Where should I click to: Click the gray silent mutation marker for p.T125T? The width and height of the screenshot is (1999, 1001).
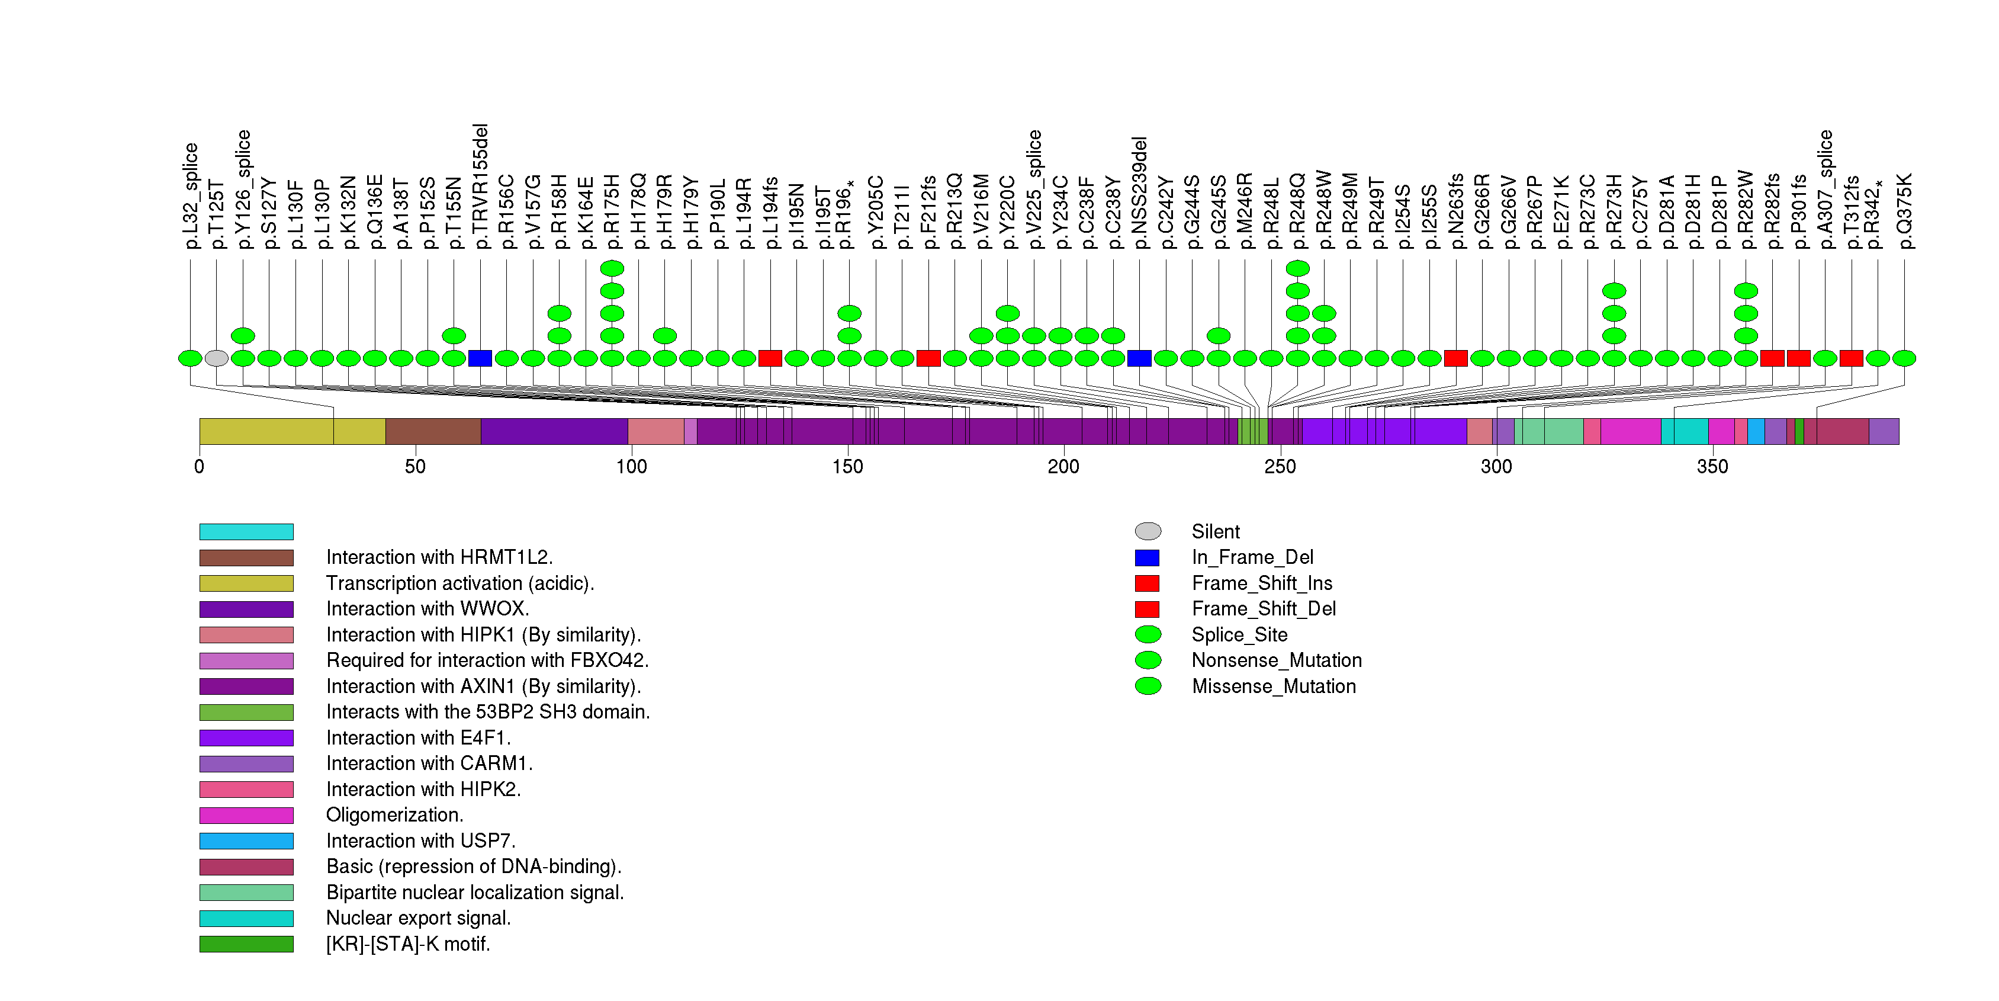217,358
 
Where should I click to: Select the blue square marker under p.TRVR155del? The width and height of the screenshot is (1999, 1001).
480,358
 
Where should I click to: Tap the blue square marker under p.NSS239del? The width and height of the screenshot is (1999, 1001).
1139,358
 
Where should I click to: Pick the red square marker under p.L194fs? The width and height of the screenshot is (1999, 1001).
770,358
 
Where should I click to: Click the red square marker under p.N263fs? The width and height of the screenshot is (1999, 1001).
1456,358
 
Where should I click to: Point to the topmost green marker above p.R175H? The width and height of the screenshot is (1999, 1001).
612,268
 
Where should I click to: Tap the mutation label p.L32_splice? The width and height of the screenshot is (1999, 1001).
191,195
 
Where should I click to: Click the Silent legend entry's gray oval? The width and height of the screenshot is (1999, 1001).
1148,531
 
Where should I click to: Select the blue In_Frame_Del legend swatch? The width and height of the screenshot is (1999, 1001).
1147,558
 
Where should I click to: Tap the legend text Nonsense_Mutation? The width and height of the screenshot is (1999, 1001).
1277,660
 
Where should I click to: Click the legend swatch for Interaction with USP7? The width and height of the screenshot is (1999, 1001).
246,841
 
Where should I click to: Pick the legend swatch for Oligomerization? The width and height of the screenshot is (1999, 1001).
246,816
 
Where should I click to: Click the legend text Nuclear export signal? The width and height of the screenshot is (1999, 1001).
418,918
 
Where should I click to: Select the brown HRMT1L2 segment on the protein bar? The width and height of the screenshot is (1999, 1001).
433,431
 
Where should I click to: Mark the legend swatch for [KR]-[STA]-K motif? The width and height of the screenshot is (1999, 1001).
246,944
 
